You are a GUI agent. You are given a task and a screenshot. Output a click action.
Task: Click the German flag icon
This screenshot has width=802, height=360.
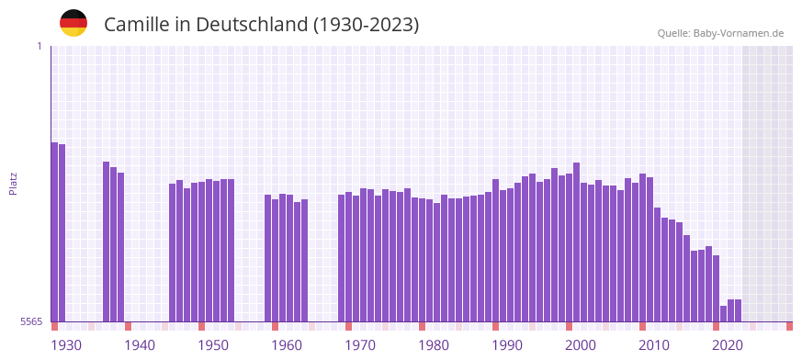[73, 23]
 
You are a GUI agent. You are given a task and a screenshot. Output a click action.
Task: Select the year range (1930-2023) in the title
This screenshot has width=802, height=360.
[366, 25]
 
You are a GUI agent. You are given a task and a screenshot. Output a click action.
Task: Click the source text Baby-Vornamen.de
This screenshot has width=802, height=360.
[739, 33]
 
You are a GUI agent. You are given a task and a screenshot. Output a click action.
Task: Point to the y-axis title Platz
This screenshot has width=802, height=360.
[13, 183]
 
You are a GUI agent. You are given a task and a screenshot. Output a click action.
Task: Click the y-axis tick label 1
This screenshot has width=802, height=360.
[39, 46]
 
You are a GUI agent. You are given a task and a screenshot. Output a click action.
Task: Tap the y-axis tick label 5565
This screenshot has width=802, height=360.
[30, 321]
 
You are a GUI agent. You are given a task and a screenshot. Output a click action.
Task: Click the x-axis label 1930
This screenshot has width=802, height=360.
[66, 345]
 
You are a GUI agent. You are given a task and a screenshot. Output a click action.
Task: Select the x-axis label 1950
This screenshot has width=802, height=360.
[213, 345]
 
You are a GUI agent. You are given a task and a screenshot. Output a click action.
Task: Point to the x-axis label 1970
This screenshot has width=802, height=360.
[360, 345]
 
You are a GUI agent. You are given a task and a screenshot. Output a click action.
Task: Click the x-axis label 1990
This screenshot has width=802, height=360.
[507, 345]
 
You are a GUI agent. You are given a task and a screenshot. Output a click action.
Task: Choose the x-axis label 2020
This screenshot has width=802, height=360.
[728, 345]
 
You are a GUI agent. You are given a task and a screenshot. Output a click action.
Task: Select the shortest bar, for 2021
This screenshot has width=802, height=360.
[723, 313]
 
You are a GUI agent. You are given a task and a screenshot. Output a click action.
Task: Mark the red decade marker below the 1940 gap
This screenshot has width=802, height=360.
[128, 326]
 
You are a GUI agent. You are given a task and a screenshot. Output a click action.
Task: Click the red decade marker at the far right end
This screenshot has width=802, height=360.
[789, 326]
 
